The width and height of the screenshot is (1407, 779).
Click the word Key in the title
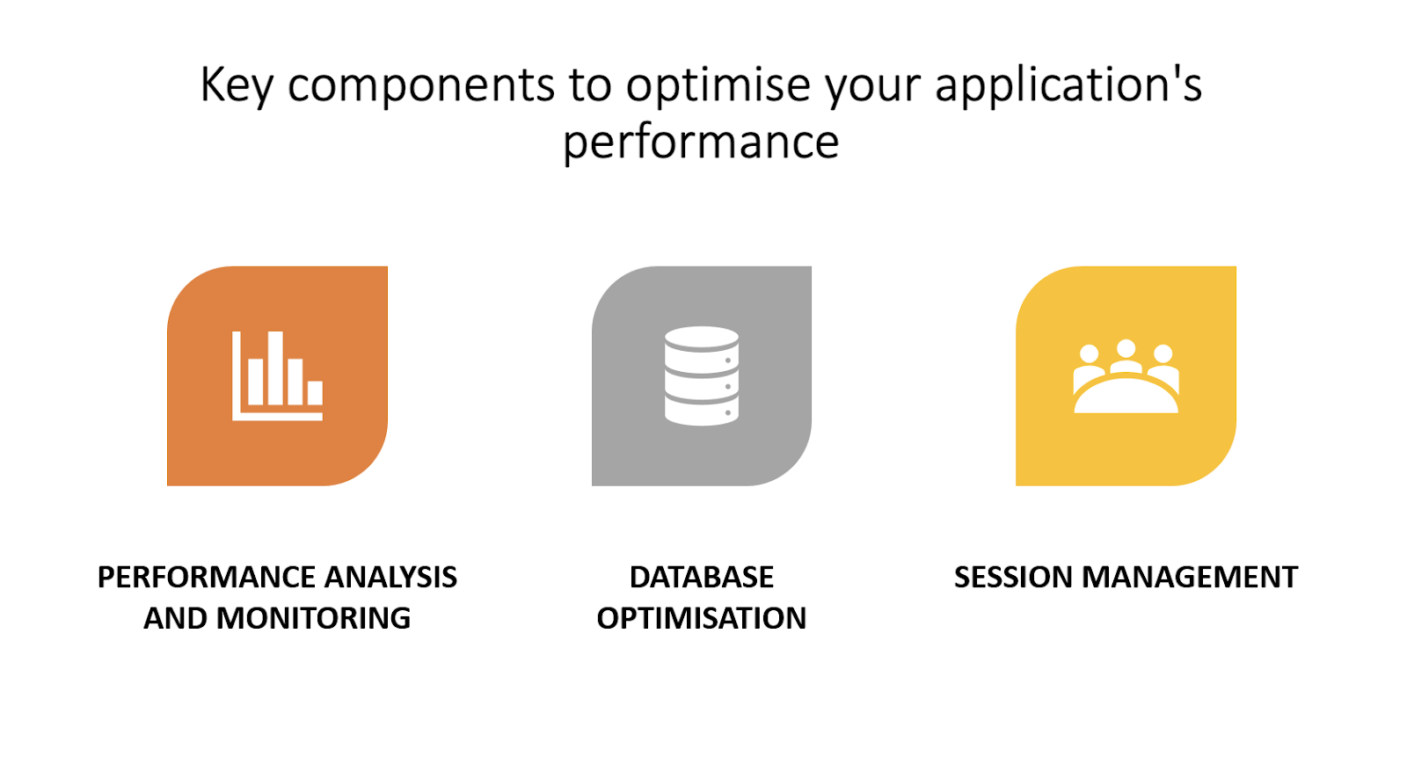click(237, 85)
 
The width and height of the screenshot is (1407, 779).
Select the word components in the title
click(421, 85)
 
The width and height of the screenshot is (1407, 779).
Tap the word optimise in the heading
click(718, 84)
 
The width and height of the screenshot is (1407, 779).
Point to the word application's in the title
click(1068, 84)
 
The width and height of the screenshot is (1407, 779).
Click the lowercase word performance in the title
click(701, 142)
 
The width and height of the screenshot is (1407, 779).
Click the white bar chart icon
click(278, 375)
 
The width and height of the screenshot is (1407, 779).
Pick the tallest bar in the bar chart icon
click(275, 368)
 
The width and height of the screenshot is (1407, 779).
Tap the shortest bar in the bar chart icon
click(315, 393)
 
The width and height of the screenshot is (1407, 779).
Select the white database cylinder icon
click(702, 375)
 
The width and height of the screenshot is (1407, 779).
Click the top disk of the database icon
click(702, 338)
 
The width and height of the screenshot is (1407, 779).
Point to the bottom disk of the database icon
click(702, 412)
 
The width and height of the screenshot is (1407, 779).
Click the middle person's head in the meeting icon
click(1126, 349)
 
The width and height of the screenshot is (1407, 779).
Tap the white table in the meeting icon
click(1126, 396)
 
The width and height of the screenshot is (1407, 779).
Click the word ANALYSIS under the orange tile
click(390, 578)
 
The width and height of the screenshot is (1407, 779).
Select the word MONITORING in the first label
click(313, 618)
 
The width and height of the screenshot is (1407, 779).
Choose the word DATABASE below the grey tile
click(702, 578)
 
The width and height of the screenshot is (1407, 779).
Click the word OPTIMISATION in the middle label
click(702, 618)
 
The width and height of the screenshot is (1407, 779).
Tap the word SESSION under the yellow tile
click(1012, 578)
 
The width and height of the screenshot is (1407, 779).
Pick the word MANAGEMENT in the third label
click(1190, 578)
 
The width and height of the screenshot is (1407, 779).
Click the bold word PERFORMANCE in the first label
click(206, 578)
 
